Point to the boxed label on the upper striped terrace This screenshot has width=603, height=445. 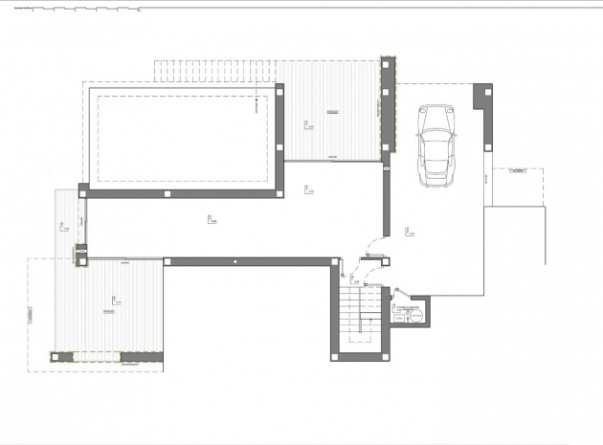click(332, 113)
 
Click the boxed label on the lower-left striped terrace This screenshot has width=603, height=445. click(108, 311)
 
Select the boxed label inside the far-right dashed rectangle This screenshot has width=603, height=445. click(518, 171)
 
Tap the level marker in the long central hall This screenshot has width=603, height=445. click(210, 221)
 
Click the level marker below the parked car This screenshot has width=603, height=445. click(408, 231)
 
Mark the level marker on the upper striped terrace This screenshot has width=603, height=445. click(305, 123)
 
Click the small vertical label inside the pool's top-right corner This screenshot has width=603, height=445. click(257, 107)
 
